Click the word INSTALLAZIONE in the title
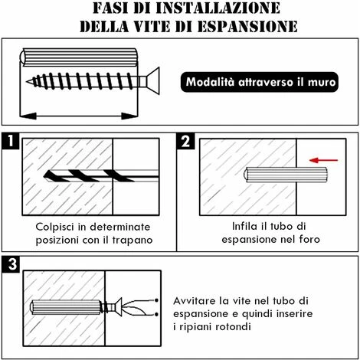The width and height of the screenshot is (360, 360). (x=218, y=8)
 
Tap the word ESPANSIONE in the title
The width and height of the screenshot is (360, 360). (x=247, y=26)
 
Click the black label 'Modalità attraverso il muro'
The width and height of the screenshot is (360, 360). (x=260, y=82)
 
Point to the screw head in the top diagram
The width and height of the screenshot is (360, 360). (x=152, y=81)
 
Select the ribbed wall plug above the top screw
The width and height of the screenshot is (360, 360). (x=79, y=57)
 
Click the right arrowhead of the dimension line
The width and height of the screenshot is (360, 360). (x=129, y=116)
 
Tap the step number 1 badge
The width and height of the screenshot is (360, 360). (x=11, y=141)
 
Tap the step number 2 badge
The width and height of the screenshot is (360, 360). (x=185, y=141)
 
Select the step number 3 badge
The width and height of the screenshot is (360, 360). (x=11, y=264)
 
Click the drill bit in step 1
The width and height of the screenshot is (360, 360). (x=101, y=175)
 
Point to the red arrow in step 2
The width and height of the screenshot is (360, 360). (x=323, y=160)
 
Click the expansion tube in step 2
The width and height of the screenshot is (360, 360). (x=286, y=175)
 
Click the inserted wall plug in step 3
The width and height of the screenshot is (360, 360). (x=65, y=307)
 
